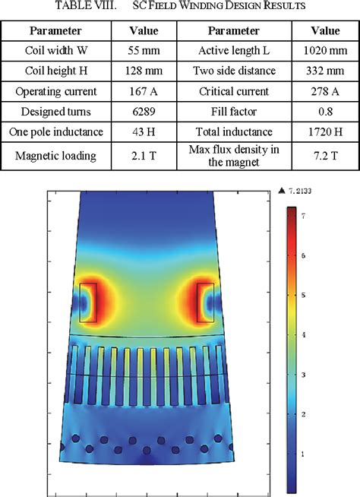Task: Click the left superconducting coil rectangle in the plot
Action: point(88,302)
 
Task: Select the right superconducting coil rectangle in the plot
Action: point(205,302)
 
